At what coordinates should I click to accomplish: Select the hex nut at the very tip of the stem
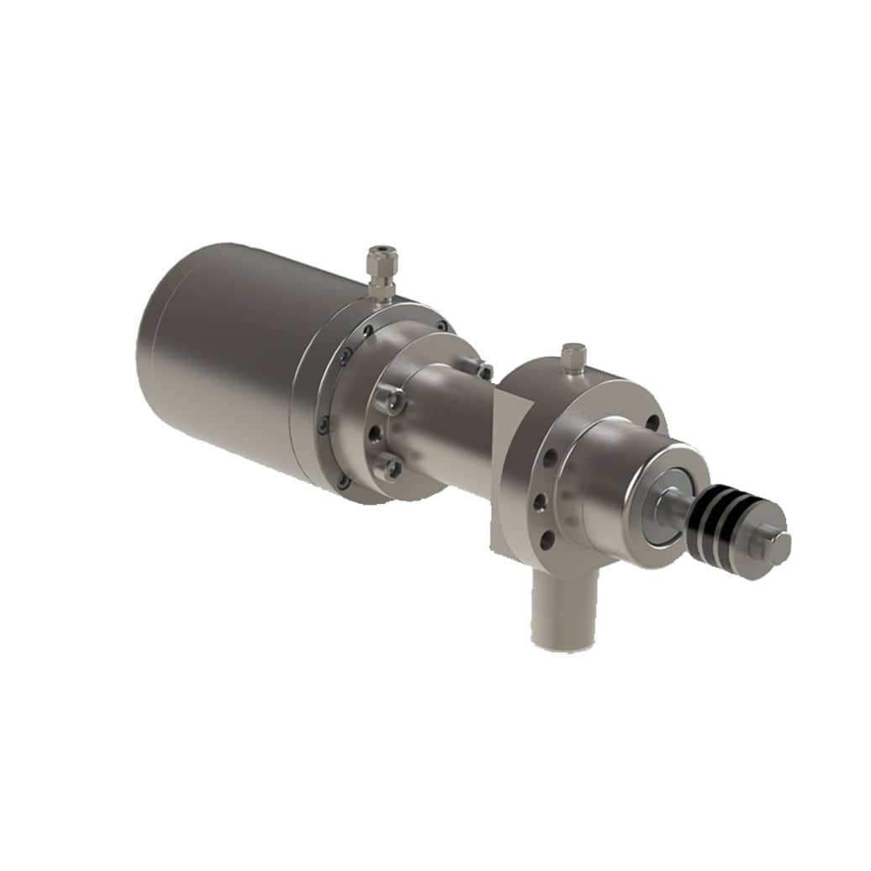(776, 548)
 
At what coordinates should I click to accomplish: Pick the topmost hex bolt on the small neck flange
(482, 369)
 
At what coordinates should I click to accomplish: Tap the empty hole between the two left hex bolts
(375, 433)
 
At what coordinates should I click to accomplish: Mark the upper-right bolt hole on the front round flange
(652, 422)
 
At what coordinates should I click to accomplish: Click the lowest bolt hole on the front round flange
(547, 538)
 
